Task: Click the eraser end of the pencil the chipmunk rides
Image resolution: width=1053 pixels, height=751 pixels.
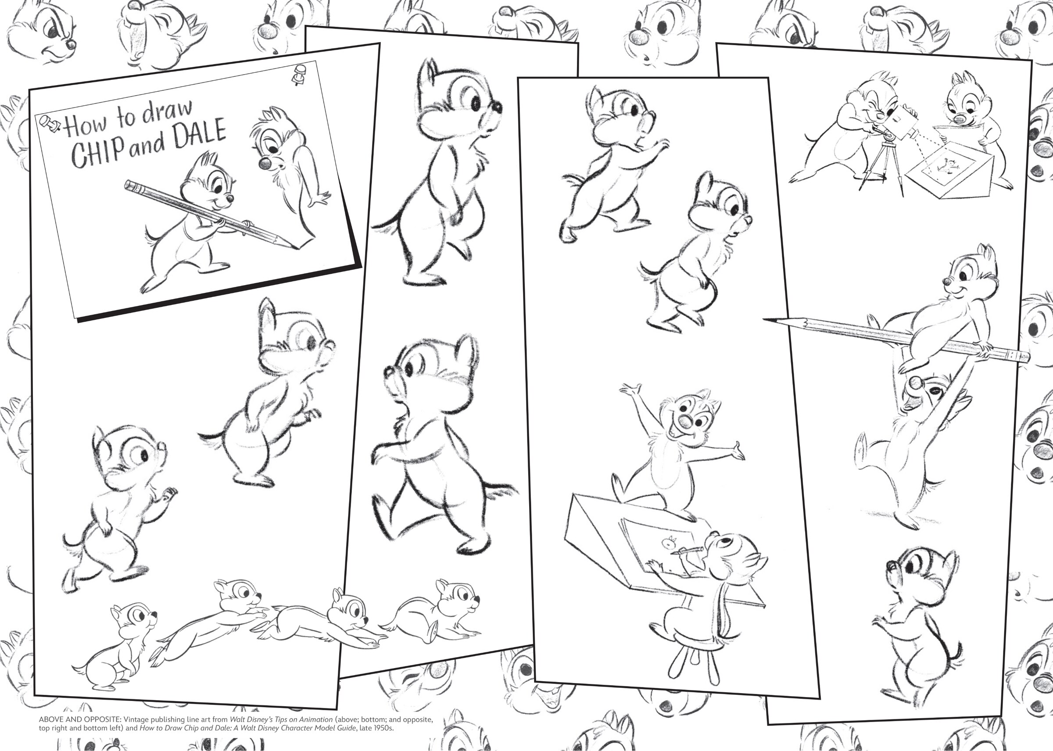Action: [x=1022, y=357]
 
